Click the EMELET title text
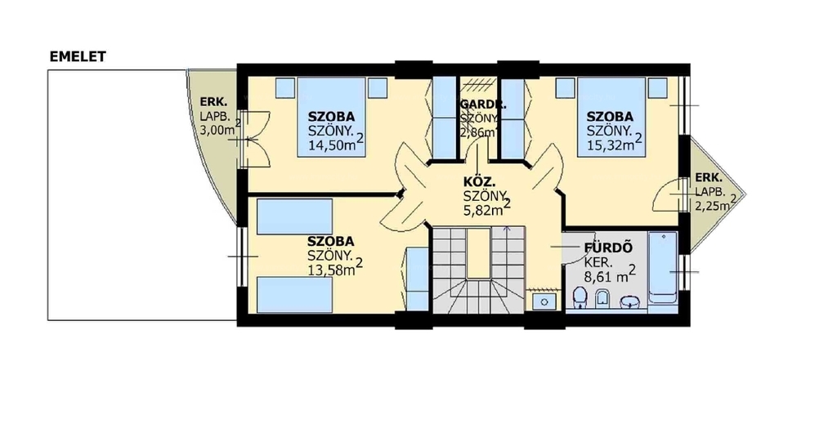pyautogui.click(x=78, y=56)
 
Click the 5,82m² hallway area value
pyautogui.click(x=487, y=207)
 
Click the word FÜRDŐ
pyautogui.click(x=608, y=248)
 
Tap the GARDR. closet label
pyautogui.click(x=483, y=105)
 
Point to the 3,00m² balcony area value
pyautogui.click(x=220, y=128)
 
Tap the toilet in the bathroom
pyautogui.click(x=580, y=298)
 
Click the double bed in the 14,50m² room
pyautogui.click(x=332, y=117)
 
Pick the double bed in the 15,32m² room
pyautogui.click(x=611, y=117)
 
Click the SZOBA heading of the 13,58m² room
pyautogui.click(x=330, y=242)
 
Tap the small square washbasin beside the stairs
pyautogui.click(x=544, y=302)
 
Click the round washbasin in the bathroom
pyautogui.click(x=631, y=302)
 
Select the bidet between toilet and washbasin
pyautogui.click(x=602, y=299)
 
